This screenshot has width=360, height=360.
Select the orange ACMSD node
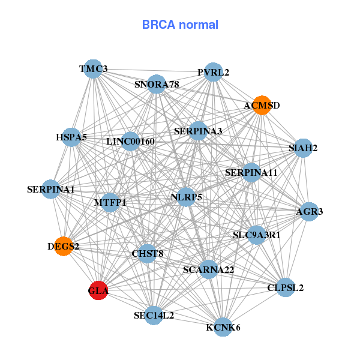pos(261,106)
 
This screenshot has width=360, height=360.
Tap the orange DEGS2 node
pos(64,246)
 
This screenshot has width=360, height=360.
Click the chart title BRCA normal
pos(180,25)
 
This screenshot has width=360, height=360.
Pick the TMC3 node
pos(92,69)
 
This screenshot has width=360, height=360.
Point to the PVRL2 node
pos(213,73)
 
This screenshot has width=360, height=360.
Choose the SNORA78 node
pos(157,85)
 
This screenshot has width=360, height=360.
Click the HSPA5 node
pos(72,137)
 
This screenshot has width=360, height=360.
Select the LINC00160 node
pos(131,142)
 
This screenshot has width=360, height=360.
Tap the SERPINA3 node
pos(198,131)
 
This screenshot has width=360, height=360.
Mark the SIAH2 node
pos(303,148)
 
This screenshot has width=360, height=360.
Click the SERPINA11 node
pos(251,173)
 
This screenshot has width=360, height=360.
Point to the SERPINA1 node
pos(51,190)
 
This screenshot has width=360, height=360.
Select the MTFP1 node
pos(110,203)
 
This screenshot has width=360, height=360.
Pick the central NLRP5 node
pos(186,197)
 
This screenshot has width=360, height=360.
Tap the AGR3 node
pos(309,211)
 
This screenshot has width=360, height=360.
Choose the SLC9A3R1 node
pos(257,235)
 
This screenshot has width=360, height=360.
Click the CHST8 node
pos(148,253)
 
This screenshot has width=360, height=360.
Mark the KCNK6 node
pos(223,327)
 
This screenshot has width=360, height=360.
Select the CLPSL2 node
pos(285,287)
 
